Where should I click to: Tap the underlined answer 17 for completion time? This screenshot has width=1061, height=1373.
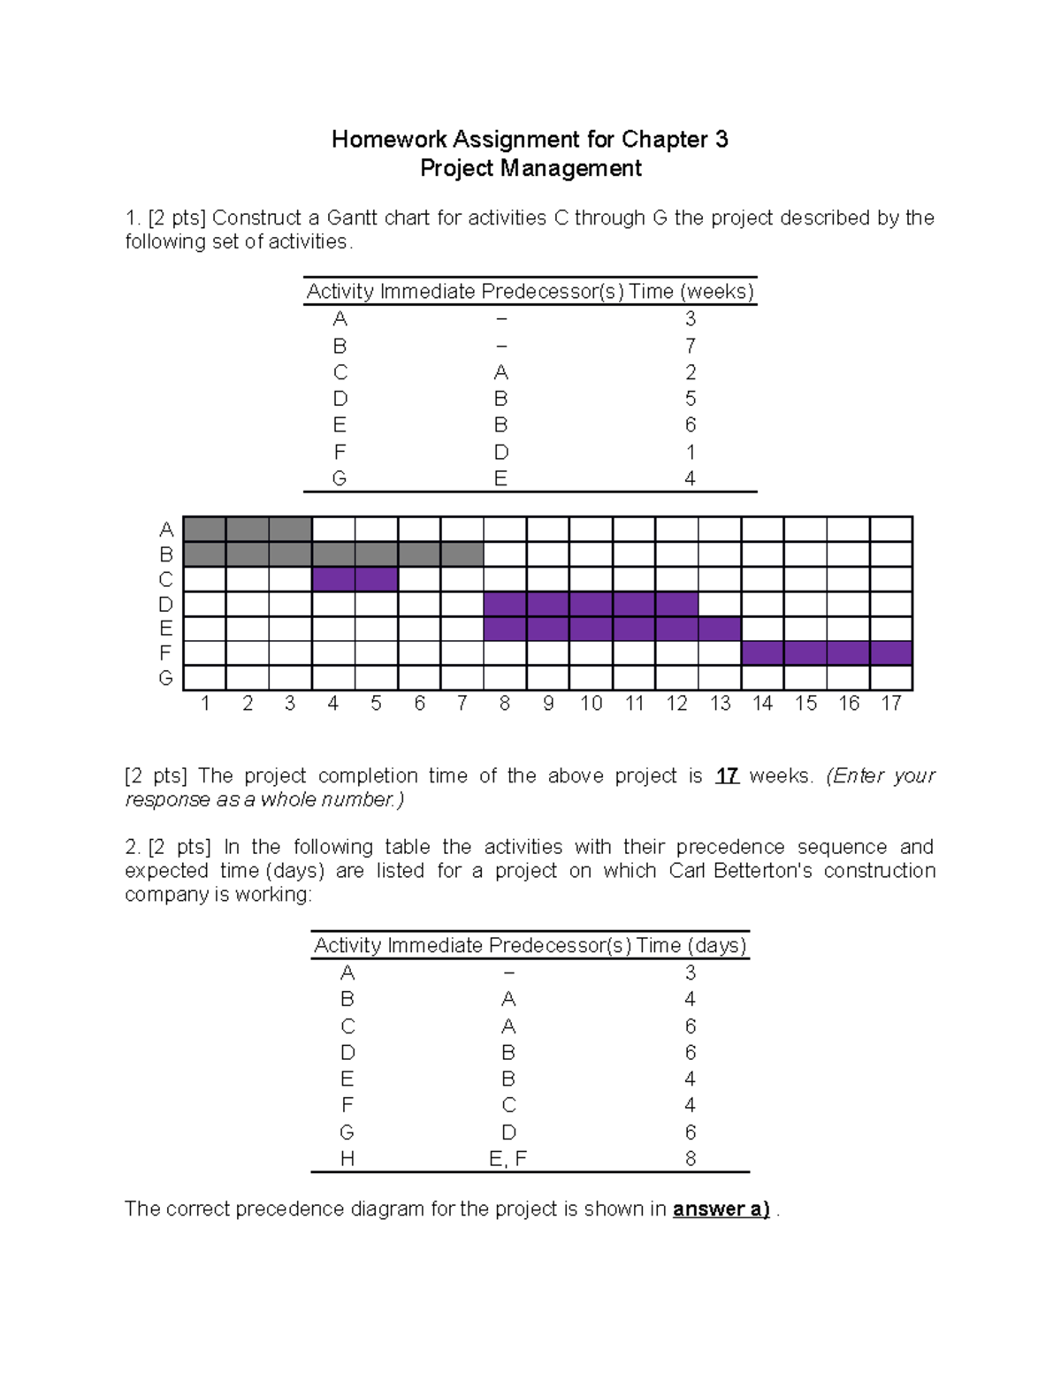[727, 776]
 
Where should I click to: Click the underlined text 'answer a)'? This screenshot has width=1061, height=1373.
[721, 1209]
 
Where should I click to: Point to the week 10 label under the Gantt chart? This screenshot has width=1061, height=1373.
[591, 704]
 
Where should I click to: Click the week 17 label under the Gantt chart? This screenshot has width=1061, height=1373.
[890, 704]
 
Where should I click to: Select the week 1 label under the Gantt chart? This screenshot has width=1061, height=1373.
[205, 704]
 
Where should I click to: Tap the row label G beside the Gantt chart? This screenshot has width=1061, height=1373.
[165, 678]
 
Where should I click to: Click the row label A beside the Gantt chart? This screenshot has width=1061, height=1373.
[165, 530]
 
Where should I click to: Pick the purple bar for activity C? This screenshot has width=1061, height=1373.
[355, 579]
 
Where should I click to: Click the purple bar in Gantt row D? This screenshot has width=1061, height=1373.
[591, 604]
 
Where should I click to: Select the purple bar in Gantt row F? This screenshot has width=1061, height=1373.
[827, 653]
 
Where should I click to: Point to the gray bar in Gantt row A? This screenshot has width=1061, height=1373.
[248, 530]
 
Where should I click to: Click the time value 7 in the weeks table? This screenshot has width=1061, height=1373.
[691, 346]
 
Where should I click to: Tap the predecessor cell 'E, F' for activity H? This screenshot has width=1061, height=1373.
[508, 1159]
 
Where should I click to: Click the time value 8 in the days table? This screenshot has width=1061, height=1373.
[691, 1159]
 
